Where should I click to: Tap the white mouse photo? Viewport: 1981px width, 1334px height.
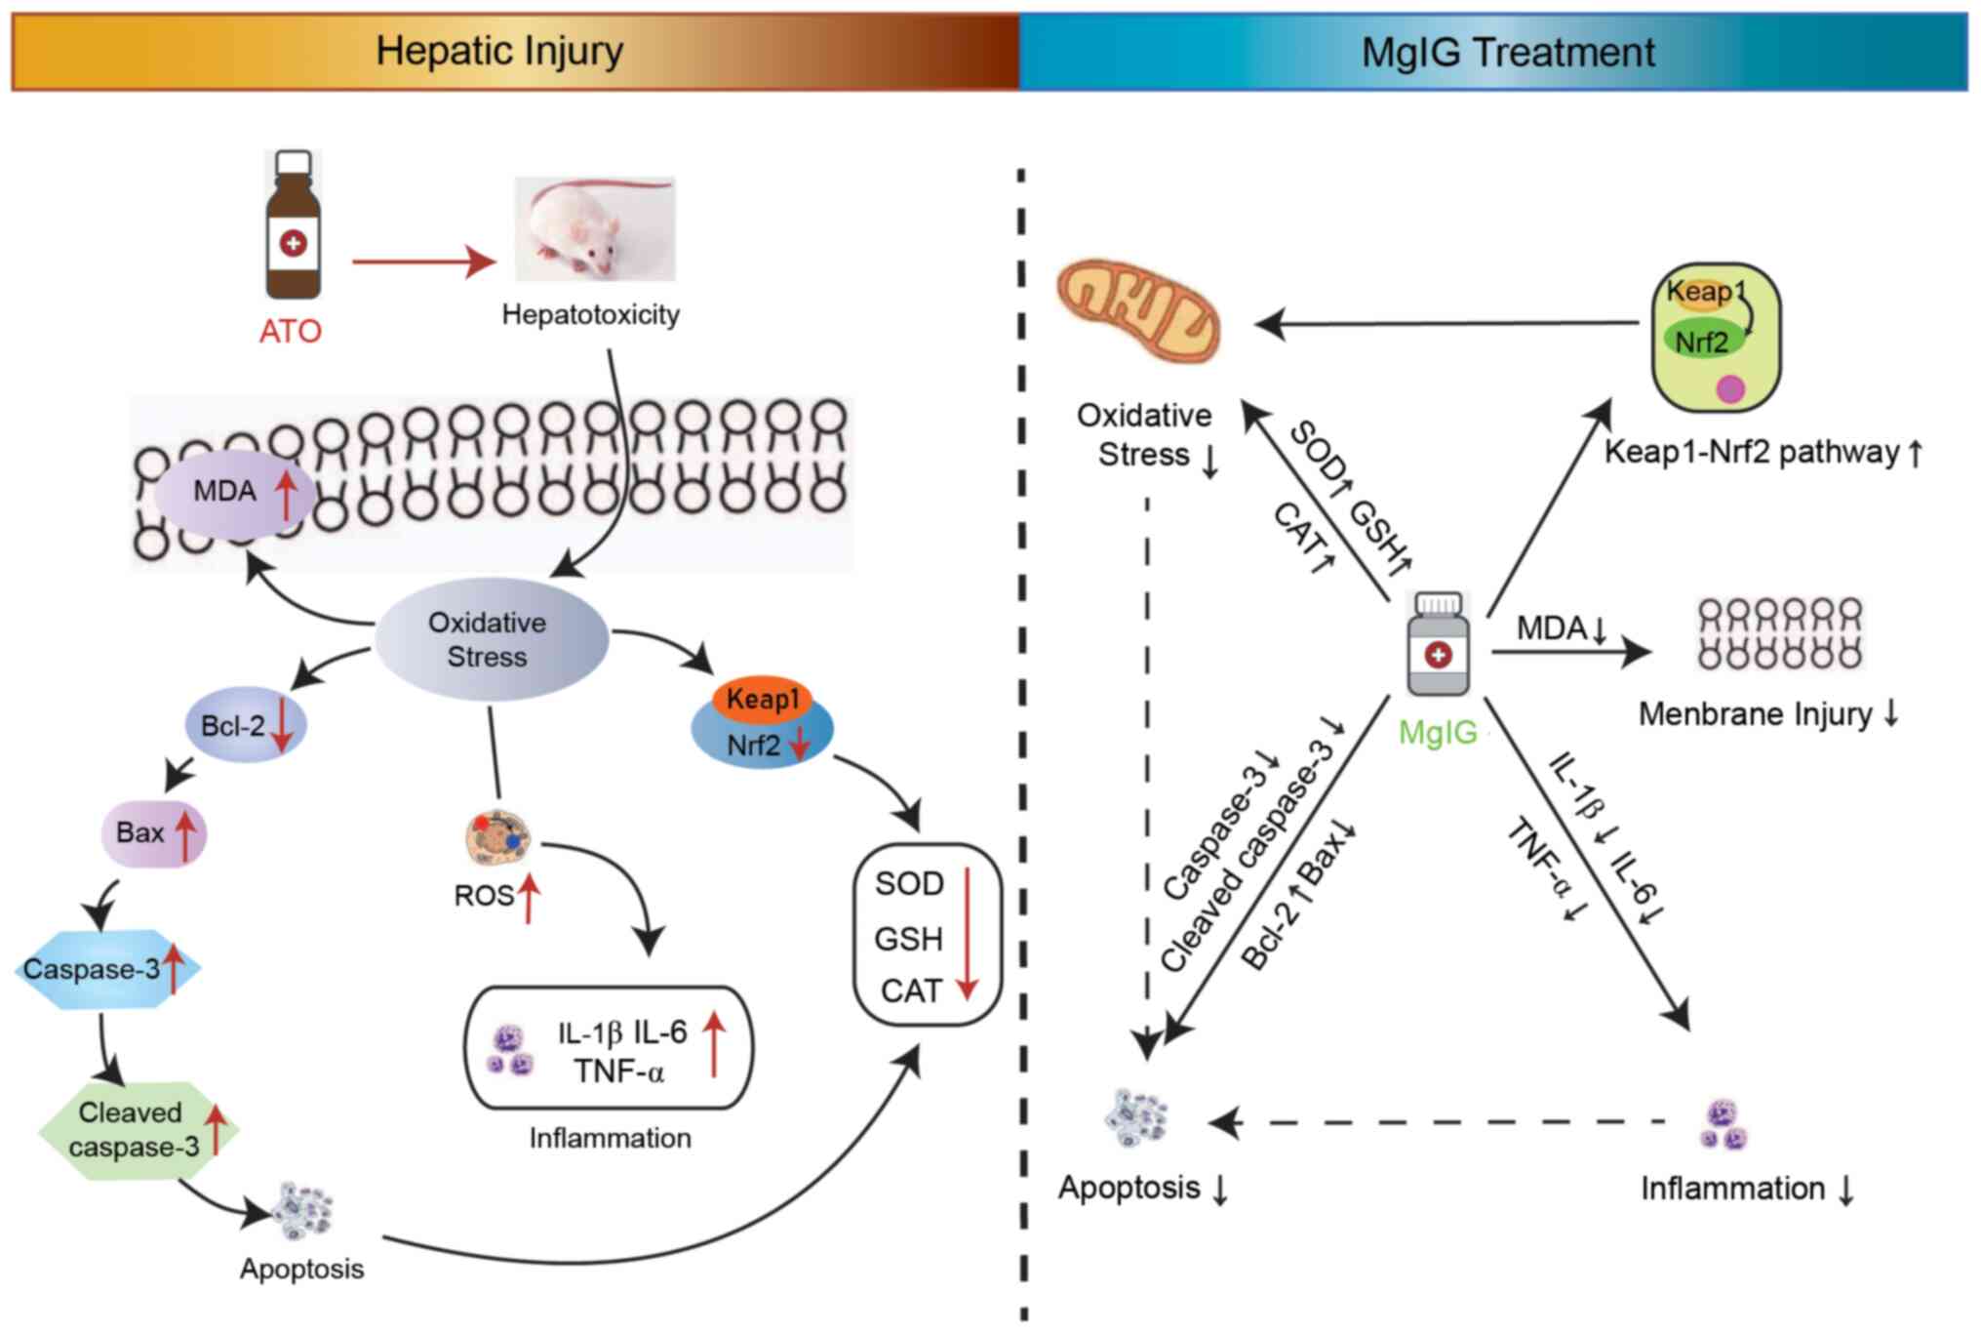tap(594, 228)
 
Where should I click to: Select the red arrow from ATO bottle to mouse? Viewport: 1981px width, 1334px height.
tap(423, 262)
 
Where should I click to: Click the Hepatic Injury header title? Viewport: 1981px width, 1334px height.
tap(499, 51)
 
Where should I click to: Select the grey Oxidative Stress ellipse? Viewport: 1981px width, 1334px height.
tap(491, 639)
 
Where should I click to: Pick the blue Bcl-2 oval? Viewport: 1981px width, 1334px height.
tap(246, 726)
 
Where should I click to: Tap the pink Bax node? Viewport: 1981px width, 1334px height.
tap(154, 833)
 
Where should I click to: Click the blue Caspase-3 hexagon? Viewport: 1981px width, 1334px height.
tap(107, 969)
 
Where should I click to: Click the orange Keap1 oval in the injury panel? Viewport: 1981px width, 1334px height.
tap(763, 699)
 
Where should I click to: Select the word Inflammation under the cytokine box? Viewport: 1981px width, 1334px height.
tap(610, 1138)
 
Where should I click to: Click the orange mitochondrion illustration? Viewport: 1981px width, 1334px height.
tap(1138, 311)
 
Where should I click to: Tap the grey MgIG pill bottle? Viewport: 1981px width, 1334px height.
tap(1438, 645)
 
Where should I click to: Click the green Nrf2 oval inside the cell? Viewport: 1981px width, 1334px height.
tap(1702, 341)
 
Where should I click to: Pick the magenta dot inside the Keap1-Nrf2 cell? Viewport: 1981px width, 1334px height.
tap(1729, 389)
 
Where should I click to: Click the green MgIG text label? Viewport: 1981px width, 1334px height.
tap(1438, 732)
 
